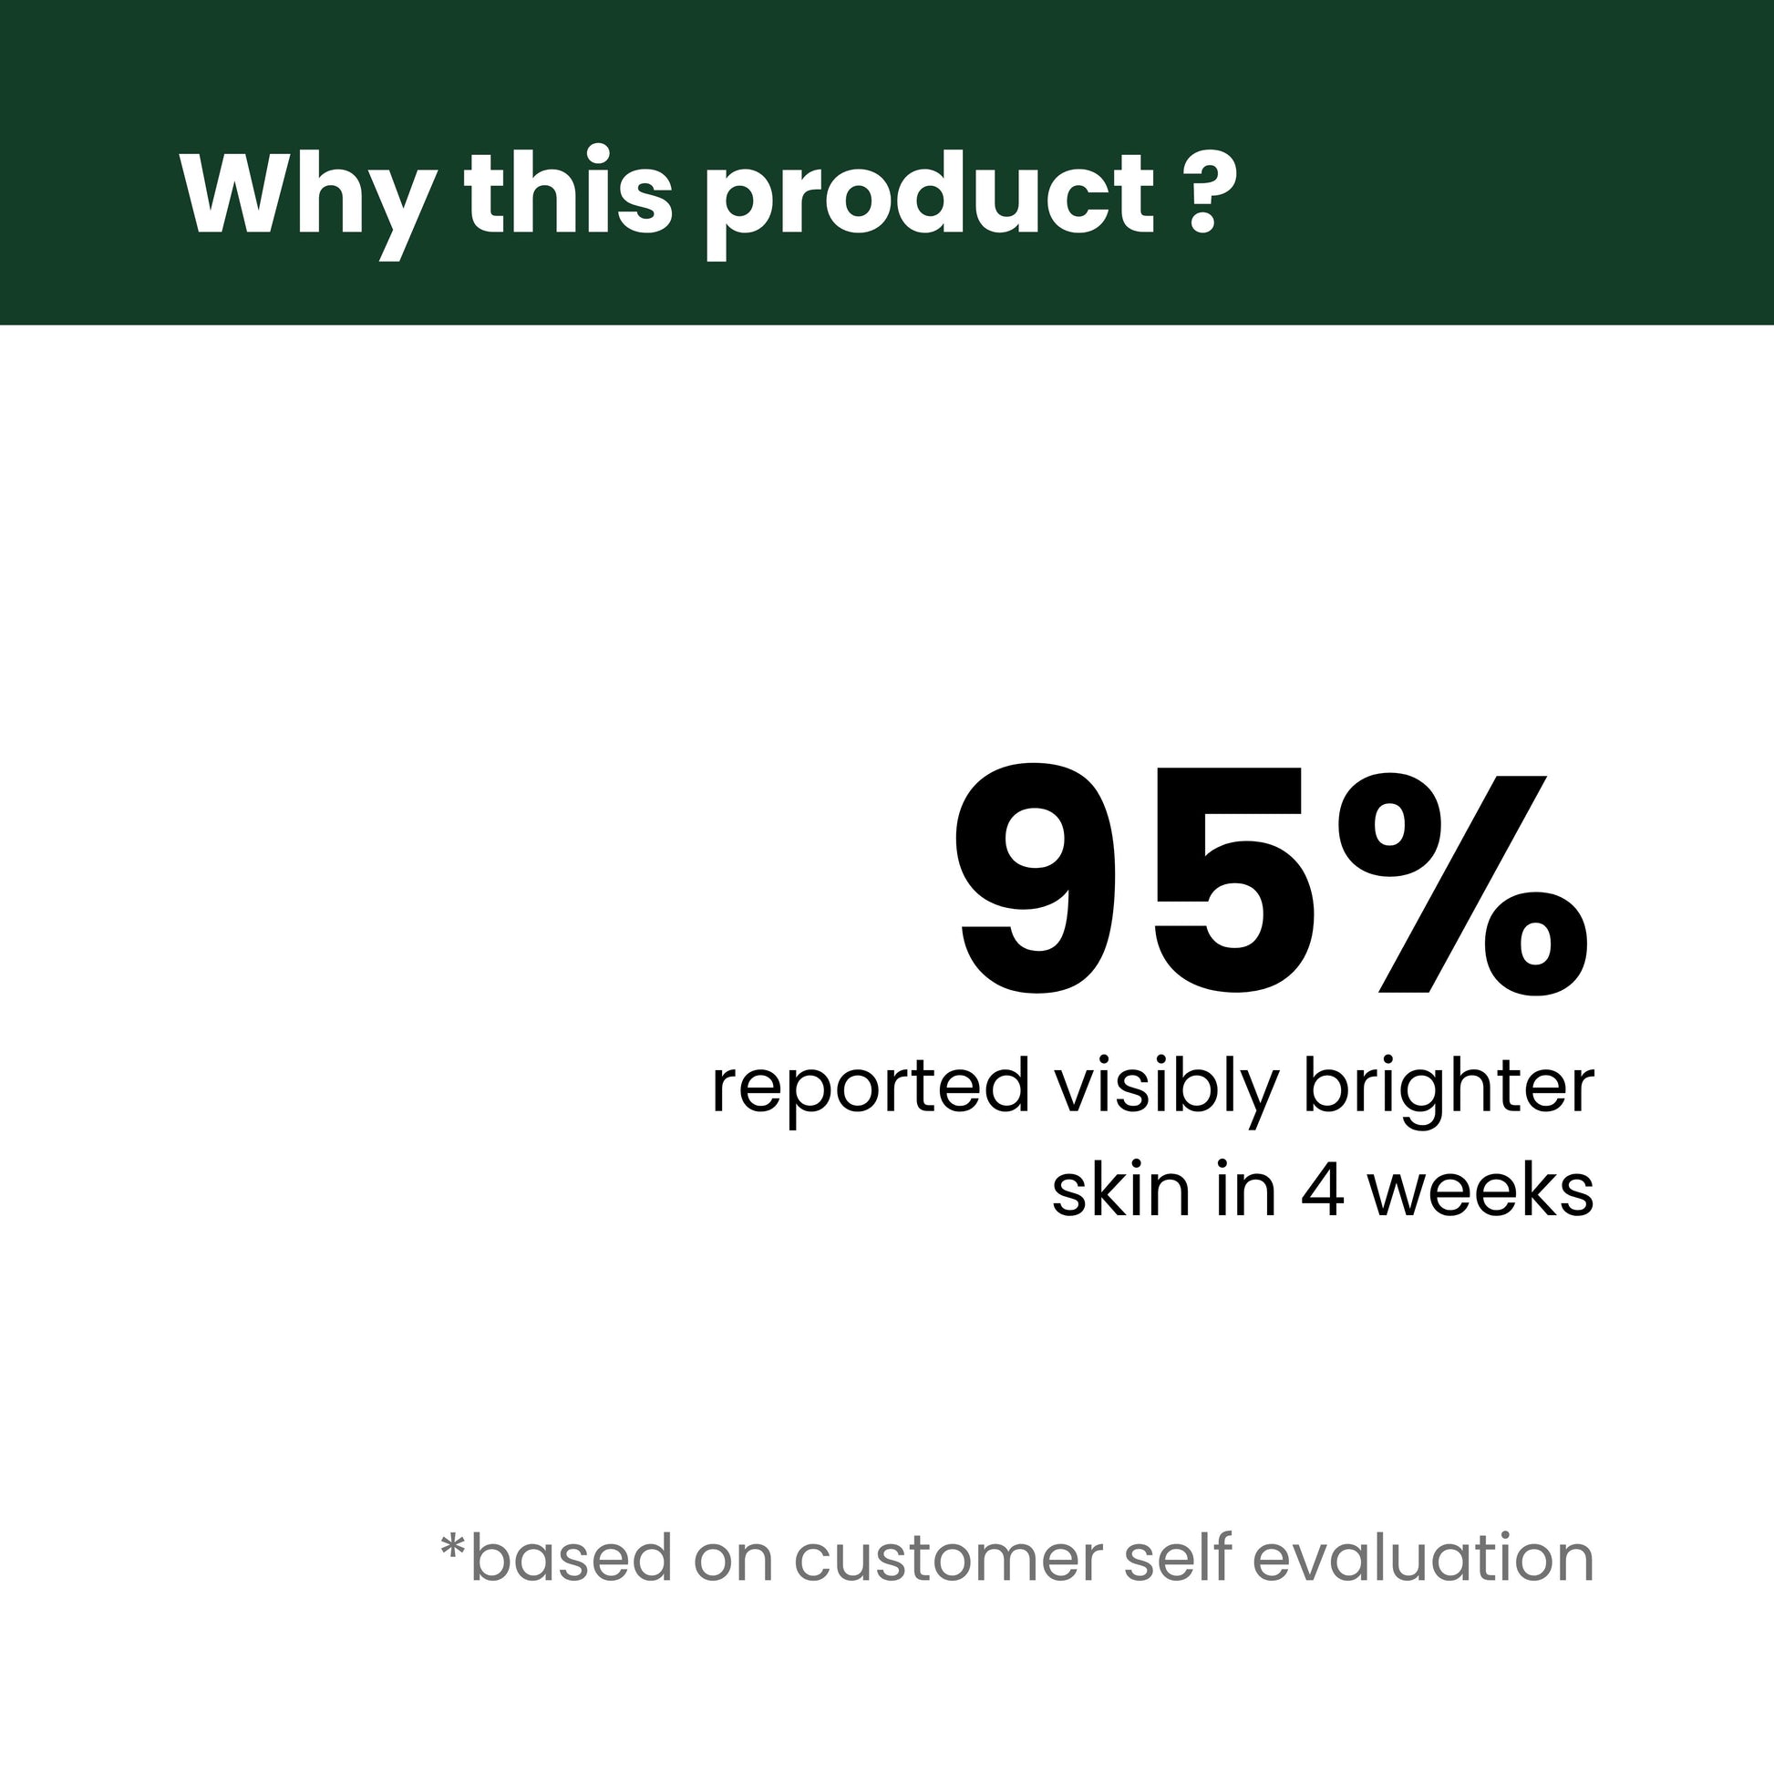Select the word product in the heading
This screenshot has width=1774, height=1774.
(928, 202)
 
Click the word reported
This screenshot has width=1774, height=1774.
(871, 1092)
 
